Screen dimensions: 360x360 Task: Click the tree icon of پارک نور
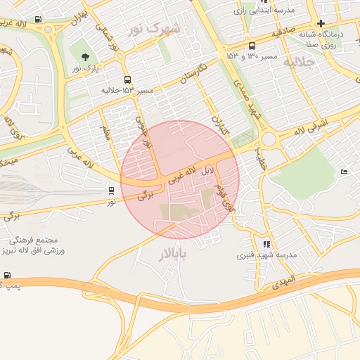tap(86, 57)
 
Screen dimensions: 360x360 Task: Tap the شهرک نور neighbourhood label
tap(154, 29)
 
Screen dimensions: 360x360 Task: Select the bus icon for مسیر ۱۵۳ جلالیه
tap(127, 79)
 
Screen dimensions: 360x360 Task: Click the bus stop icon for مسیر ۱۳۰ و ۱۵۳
tap(252, 46)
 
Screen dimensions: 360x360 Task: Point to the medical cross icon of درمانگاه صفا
tap(321, 23)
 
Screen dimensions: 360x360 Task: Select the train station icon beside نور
tap(111, 191)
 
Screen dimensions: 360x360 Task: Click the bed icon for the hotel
tap(344, 172)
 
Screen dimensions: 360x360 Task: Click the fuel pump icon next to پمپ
tap(7, 276)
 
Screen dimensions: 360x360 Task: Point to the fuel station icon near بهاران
tap(37, 19)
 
